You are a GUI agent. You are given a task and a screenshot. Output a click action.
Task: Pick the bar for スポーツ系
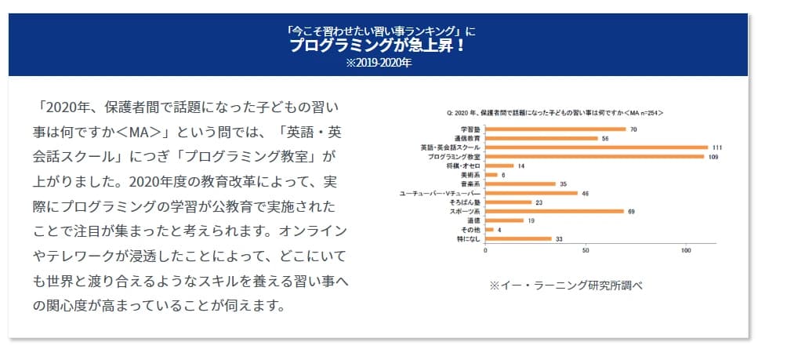[554, 211]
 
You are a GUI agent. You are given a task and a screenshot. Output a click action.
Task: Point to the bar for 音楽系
[520, 184]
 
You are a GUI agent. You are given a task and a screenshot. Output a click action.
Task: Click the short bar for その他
[489, 230]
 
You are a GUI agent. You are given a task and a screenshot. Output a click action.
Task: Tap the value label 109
[713, 156]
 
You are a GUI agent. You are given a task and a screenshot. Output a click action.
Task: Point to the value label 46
[586, 193]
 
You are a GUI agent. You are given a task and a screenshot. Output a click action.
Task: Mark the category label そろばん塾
[467, 202]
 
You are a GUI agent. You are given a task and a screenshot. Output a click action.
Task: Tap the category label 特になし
[470, 238]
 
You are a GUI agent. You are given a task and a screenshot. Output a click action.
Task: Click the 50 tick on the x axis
[586, 251]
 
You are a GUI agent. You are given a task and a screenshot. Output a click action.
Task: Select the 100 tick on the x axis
[686, 251]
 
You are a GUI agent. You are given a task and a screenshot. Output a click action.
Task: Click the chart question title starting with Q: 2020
[554, 114]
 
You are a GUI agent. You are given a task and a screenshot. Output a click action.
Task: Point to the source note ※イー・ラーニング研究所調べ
[566, 285]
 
